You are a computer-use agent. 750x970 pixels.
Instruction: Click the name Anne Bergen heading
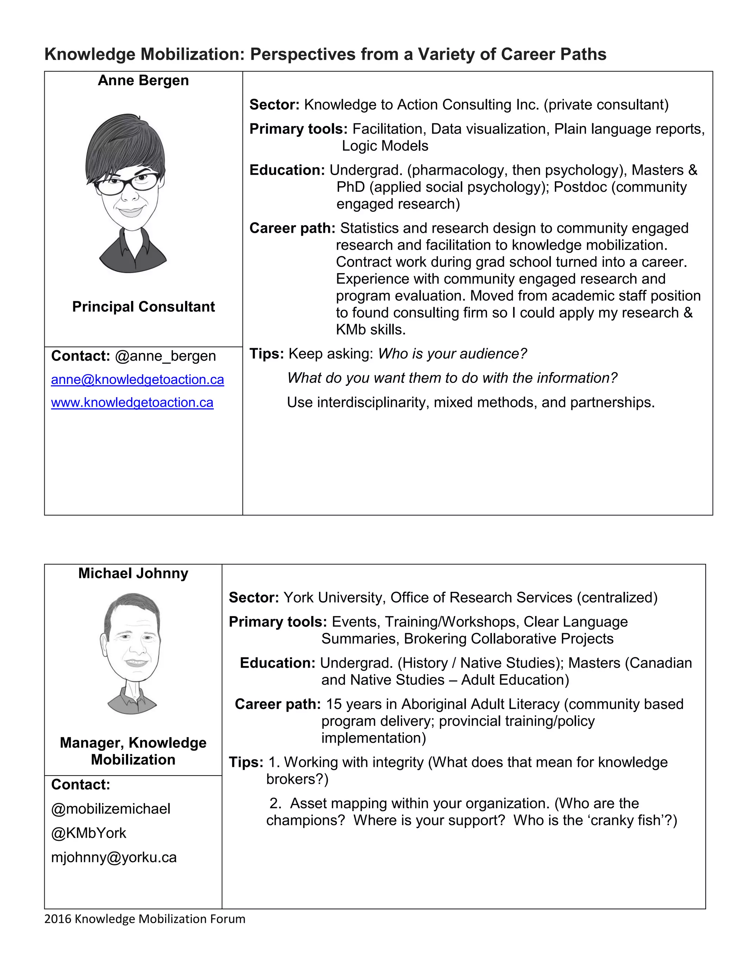click(143, 81)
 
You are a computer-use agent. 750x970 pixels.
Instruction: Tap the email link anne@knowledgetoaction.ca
click(137, 379)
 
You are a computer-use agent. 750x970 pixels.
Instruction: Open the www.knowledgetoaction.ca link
click(132, 402)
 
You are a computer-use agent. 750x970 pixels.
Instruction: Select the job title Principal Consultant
click(143, 306)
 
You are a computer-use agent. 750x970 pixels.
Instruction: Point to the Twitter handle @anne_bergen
click(165, 356)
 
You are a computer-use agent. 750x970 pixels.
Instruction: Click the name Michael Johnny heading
click(133, 573)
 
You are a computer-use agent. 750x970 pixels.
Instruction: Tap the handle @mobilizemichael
click(111, 809)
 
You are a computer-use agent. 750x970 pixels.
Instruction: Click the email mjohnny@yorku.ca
click(114, 857)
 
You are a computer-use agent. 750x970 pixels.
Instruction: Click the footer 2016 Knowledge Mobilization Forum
click(144, 919)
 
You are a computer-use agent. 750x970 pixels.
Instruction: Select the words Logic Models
click(385, 146)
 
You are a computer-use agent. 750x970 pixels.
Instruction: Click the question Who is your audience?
click(452, 354)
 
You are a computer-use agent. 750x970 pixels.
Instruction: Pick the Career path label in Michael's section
click(278, 704)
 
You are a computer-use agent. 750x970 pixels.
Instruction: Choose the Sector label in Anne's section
click(275, 105)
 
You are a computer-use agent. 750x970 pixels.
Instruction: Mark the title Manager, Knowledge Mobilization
click(133, 751)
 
